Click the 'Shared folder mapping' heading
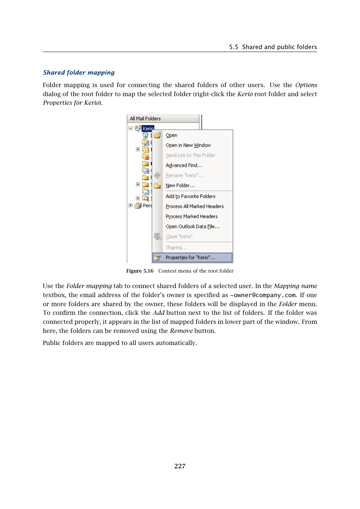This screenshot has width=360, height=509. tap(79, 72)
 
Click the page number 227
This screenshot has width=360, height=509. tap(180, 466)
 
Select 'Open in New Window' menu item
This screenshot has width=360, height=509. tap(188, 145)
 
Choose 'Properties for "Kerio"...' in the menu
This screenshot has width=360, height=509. tap(190, 258)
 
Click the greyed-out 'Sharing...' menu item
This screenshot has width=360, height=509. tap(176, 248)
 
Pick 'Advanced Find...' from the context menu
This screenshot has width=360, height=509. tap(184, 166)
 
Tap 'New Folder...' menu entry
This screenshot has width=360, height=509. tap(180, 186)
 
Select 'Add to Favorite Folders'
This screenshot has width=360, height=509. tap(191, 196)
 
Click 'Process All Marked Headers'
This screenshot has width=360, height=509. tap(194, 207)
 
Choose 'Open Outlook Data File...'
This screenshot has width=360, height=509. tap(192, 227)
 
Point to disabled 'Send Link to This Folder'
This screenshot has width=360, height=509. tap(190, 155)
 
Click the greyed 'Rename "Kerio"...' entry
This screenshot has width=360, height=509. tap(184, 175)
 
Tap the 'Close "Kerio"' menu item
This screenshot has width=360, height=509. tap(179, 237)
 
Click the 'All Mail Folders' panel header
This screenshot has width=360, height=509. tap(145, 118)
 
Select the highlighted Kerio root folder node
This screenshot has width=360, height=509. tap(148, 129)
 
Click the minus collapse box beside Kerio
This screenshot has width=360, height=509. tap(131, 128)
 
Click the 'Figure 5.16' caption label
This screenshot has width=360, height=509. tap(140, 271)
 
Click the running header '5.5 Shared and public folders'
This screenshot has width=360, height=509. tap(273, 47)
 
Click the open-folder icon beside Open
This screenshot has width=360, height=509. tap(157, 135)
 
